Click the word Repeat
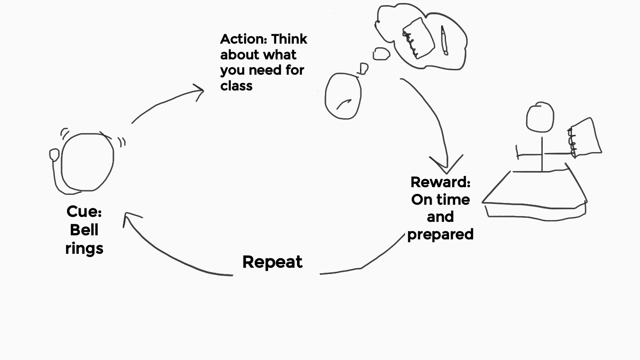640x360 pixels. pos(272,262)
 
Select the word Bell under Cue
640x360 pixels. pos(84,230)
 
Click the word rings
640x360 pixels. pos(84,248)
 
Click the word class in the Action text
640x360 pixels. pos(236,85)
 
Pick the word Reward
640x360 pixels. pos(440,182)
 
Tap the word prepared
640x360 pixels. pos(440,234)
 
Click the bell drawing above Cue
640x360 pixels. pos(87,162)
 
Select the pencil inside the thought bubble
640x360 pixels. pos(444,40)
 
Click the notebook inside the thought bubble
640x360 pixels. pos(418,38)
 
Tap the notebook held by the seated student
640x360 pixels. pos(586,137)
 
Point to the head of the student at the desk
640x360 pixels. pos(540,117)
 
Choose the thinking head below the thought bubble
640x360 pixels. pos(343,96)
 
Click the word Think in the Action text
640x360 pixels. pos(289,39)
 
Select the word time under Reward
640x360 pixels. pos(455,199)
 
